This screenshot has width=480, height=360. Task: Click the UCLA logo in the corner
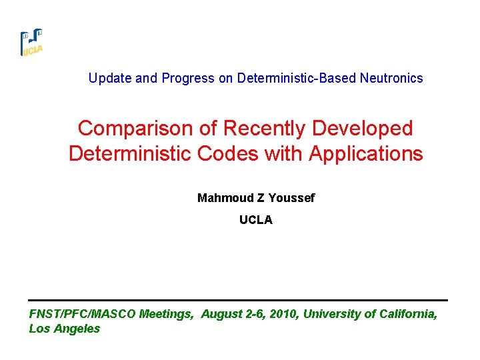click(31, 43)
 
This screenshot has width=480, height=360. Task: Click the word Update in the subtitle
click(110, 79)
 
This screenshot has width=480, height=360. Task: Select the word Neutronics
click(391, 79)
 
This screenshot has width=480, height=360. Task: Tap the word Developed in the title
click(365, 128)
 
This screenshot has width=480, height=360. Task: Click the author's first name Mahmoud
click(222, 198)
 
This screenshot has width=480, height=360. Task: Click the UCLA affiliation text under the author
click(256, 220)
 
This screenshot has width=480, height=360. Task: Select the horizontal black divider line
click(238, 300)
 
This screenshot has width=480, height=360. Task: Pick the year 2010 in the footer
click(282, 314)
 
